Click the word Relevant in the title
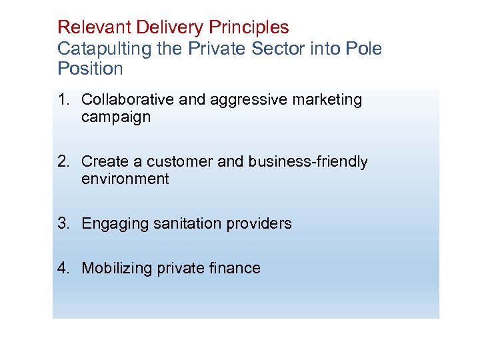click(x=95, y=27)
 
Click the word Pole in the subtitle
click(x=364, y=49)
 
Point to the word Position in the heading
click(x=90, y=69)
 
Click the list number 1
click(x=63, y=100)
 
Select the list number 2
click(x=63, y=162)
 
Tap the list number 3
click(x=63, y=224)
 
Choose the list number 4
click(x=63, y=269)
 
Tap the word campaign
click(x=116, y=117)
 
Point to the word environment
click(x=125, y=179)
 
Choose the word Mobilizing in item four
click(x=117, y=269)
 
